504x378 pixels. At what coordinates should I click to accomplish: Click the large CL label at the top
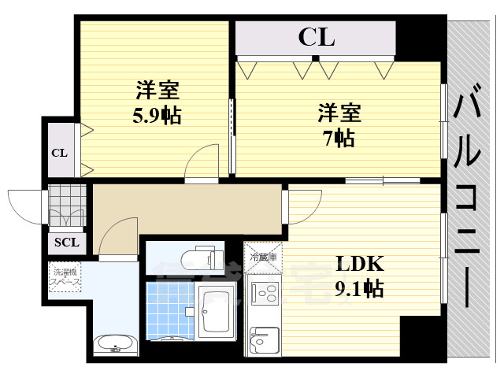[x=316, y=37]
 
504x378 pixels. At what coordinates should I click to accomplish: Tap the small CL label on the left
[x=59, y=152]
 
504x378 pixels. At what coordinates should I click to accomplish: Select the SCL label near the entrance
[x=66, y=243]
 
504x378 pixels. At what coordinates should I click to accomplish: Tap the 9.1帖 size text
[x=359, y=288]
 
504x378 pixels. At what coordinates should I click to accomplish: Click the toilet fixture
[x=194, y=258]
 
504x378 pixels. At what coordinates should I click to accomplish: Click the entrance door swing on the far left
[x=25, y=206]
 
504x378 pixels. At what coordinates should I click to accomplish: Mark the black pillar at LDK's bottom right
[x=421, y=336]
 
